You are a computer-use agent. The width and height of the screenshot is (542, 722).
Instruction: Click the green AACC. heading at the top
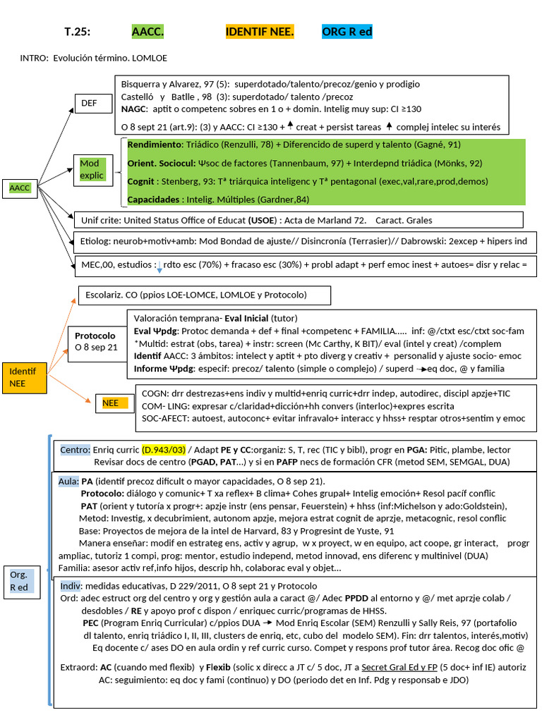point(147,32)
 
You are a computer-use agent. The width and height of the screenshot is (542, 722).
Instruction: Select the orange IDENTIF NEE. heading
point(260,32)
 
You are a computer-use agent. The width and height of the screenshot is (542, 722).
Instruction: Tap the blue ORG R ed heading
point(347,32)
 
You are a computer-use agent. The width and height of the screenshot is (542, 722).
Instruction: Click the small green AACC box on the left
point(20,188)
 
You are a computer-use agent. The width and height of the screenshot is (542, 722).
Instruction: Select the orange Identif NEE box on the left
point(24,377)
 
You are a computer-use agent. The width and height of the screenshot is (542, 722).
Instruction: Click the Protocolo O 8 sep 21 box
point(96,341)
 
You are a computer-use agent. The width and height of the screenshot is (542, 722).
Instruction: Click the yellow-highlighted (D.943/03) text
point(164,450)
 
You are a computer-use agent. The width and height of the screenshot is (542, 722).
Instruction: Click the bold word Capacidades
point(155,199)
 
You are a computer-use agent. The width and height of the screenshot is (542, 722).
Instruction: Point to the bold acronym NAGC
point(134,109)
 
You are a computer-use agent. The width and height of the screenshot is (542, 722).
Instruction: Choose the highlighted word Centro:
point(75,450)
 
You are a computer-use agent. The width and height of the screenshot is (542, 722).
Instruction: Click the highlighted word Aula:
point(69,481)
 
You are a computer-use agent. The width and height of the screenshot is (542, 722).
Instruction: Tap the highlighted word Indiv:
point(71,586)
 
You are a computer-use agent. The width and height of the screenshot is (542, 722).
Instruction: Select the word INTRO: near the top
point(34,58)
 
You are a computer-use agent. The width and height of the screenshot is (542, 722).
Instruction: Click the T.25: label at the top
point(78,32)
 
